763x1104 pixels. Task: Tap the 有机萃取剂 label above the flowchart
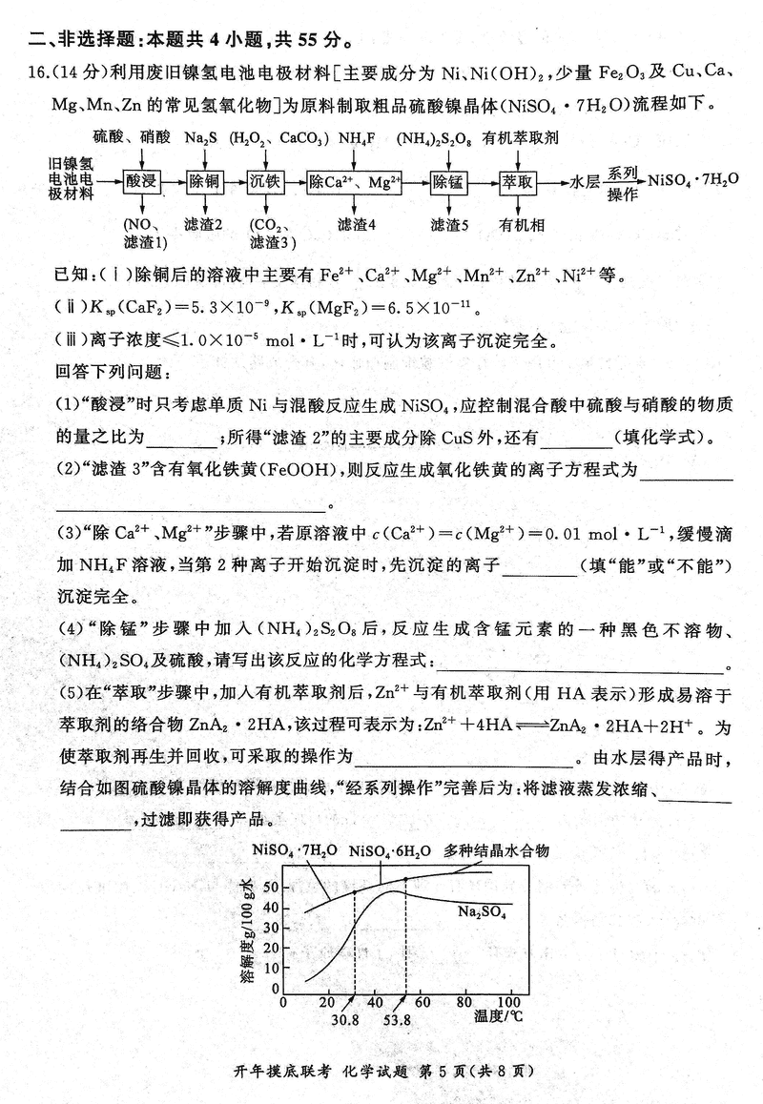coord(521,138)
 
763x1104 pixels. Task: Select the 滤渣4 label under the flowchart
coord(357,224)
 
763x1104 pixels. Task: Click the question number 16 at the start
coord(29,75)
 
